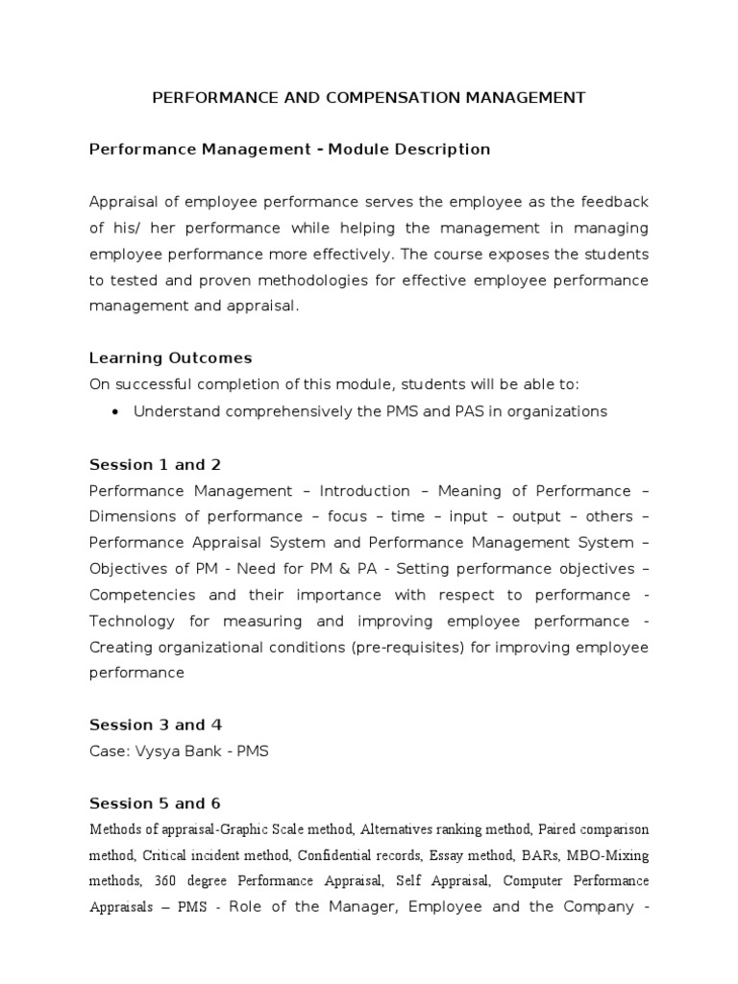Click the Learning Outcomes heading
[170, 357]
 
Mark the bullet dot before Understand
[115, 411]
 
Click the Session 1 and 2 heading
[155, 464]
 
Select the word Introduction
[364, 490]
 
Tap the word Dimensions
[131, 516]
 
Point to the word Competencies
[142, 594]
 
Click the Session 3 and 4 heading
[155, 725]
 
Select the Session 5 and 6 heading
[155, 802]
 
